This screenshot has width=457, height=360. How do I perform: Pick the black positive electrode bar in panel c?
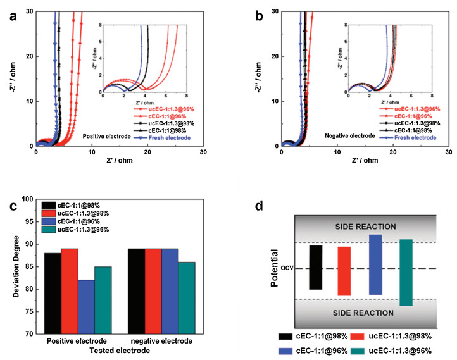pyautogui.click(x=53, y=293)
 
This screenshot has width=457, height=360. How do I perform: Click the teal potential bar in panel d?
pyautogui.click(x=406, y=272)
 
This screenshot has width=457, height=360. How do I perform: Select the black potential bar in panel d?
pyautogui.click(x=316, y=267)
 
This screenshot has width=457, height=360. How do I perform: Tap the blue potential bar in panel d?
pyautogui.click(x=375, y=264)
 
